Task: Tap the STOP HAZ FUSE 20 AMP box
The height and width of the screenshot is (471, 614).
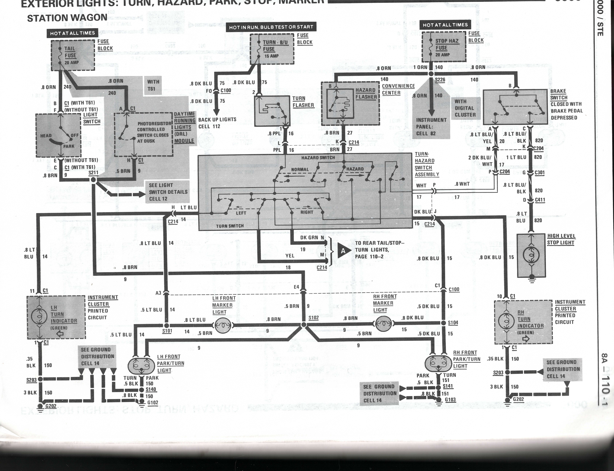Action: tap(444, 47)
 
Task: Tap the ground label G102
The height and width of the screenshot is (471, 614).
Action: tap(153, 403)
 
